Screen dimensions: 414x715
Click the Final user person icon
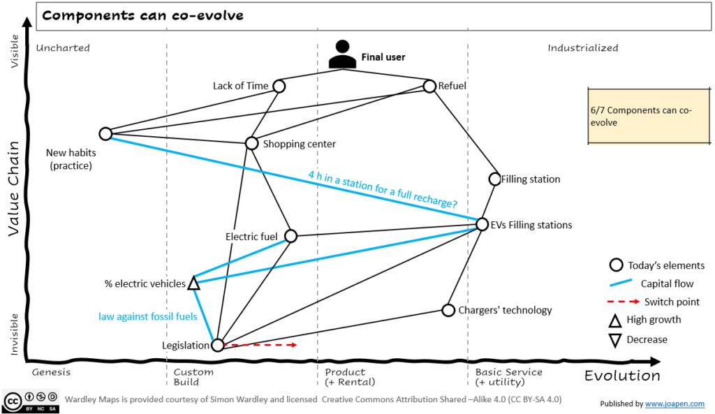point(341,54)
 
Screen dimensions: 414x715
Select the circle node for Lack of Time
point(279,86)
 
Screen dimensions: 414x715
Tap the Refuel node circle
point(429,87)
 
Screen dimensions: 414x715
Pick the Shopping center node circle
point(252,143)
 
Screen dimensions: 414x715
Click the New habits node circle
point(105,133)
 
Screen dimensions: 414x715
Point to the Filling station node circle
point(495,179)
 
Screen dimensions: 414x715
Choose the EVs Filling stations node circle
point(482,224)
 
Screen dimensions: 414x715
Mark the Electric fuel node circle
point(291,236)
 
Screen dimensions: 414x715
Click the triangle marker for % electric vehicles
point(194,283)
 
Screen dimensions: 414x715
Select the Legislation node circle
point(218,345)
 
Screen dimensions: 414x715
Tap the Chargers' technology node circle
point(448,310)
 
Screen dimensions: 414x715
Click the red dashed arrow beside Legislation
point(261,345)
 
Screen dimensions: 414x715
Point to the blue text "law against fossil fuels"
point(147,316)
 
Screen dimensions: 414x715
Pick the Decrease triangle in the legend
point(615,340)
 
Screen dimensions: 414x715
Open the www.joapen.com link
point(675,404)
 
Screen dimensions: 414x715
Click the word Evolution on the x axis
point(622,376)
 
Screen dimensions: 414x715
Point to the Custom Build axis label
point(193,377)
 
